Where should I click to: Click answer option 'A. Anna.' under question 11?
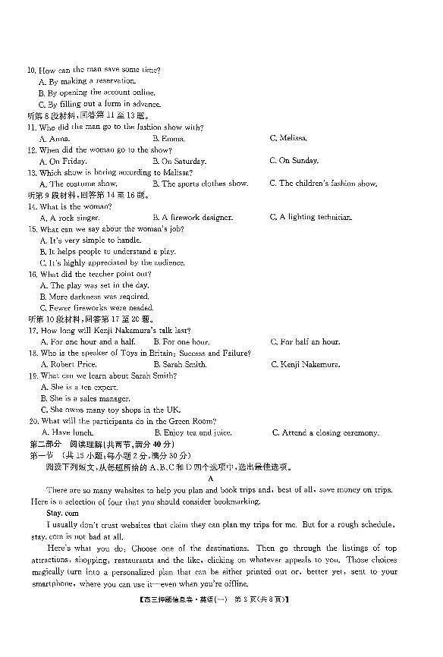point(54,139)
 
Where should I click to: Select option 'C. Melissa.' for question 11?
point(288,139)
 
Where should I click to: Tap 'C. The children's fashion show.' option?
point(323,183)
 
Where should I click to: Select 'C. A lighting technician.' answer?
point(311,218)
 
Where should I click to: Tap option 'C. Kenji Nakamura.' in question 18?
point(305,364)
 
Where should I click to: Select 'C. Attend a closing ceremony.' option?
point(325,432)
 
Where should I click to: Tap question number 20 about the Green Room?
point(33,421)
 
